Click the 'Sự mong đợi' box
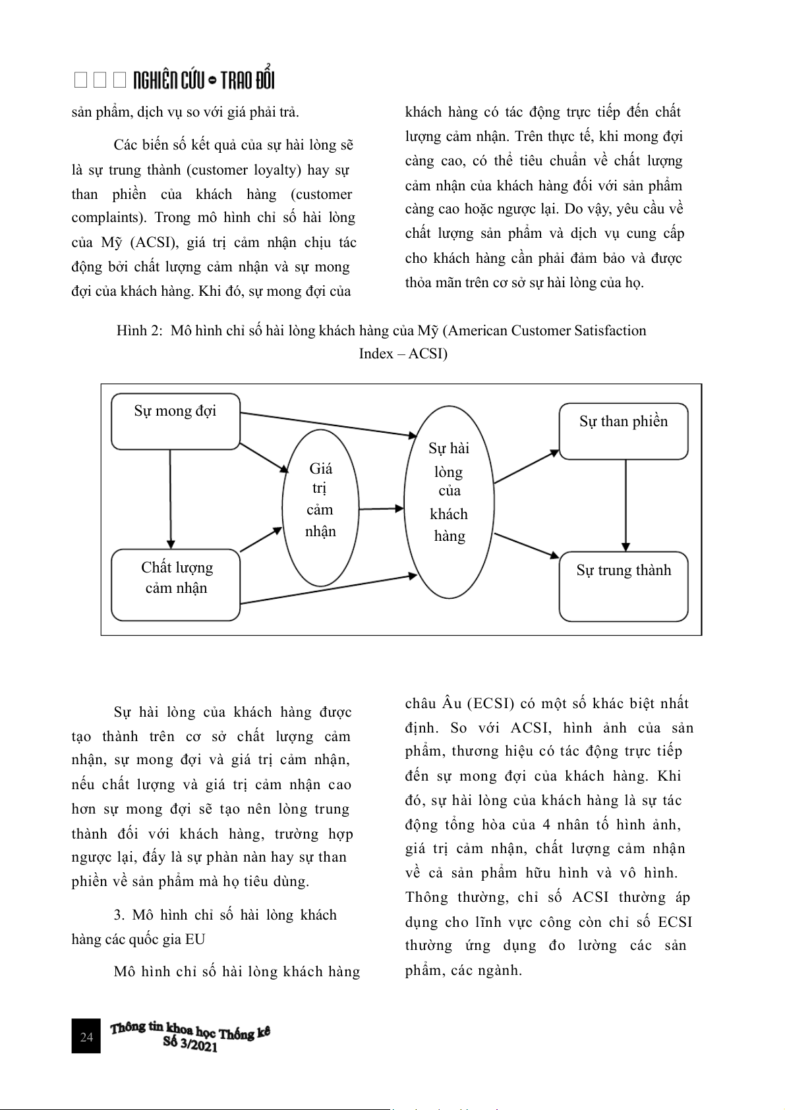pos(175,422)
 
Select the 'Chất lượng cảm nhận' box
pos(176,585)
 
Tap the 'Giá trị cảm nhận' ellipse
pos(320,508)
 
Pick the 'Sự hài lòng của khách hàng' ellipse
pos(449,502)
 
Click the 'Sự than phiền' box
pos(624,431)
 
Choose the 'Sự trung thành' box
pos(624,586)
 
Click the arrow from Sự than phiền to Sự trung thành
pos(625,505)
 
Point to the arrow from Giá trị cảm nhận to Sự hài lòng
pos(381,509)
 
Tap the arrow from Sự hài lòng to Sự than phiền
pos(526,467)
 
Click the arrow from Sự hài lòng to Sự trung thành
pos(526,545)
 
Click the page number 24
pos(86,1037)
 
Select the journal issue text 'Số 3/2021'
pos(190,1044)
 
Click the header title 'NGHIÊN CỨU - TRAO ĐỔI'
pos(203,80)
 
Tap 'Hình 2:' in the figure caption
pos(139,331)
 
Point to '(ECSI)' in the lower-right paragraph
pos(491,704)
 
